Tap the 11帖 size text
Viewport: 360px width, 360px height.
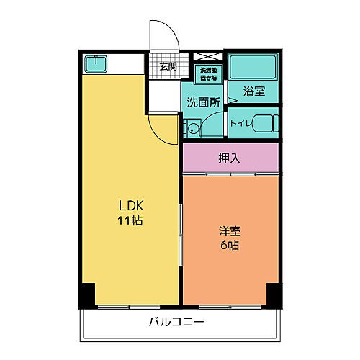130,221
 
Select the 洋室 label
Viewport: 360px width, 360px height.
230,232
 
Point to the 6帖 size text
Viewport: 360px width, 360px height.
230,245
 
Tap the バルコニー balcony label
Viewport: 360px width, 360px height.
176,321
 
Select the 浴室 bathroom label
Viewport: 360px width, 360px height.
253,91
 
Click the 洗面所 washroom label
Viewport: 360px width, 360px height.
203,102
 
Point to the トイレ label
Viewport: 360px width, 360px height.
239,123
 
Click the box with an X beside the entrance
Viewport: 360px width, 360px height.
207,56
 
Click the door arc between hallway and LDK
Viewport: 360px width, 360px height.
161,128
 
